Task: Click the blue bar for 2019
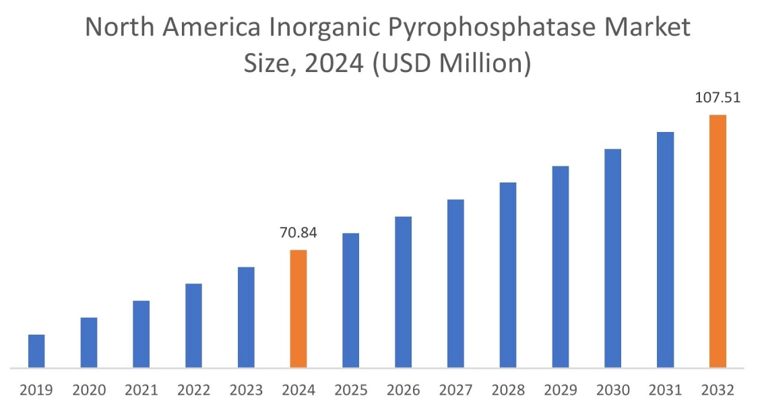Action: point(36,351)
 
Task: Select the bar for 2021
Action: point(141,334)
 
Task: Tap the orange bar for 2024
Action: point(298,309)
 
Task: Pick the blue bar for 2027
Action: point(455,283)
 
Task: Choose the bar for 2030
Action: point(613,259)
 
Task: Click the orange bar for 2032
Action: point(718,241)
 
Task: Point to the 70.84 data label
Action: point(298,234)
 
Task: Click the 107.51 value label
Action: point(718,98)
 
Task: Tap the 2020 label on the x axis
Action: point(89,390)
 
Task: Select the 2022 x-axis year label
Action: point(193,390)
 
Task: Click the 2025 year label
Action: point(351,390)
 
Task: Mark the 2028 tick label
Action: point(508,390)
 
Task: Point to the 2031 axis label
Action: point(665,390)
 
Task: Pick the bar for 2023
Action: point(246,317)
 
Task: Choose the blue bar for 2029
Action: point(561,267)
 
